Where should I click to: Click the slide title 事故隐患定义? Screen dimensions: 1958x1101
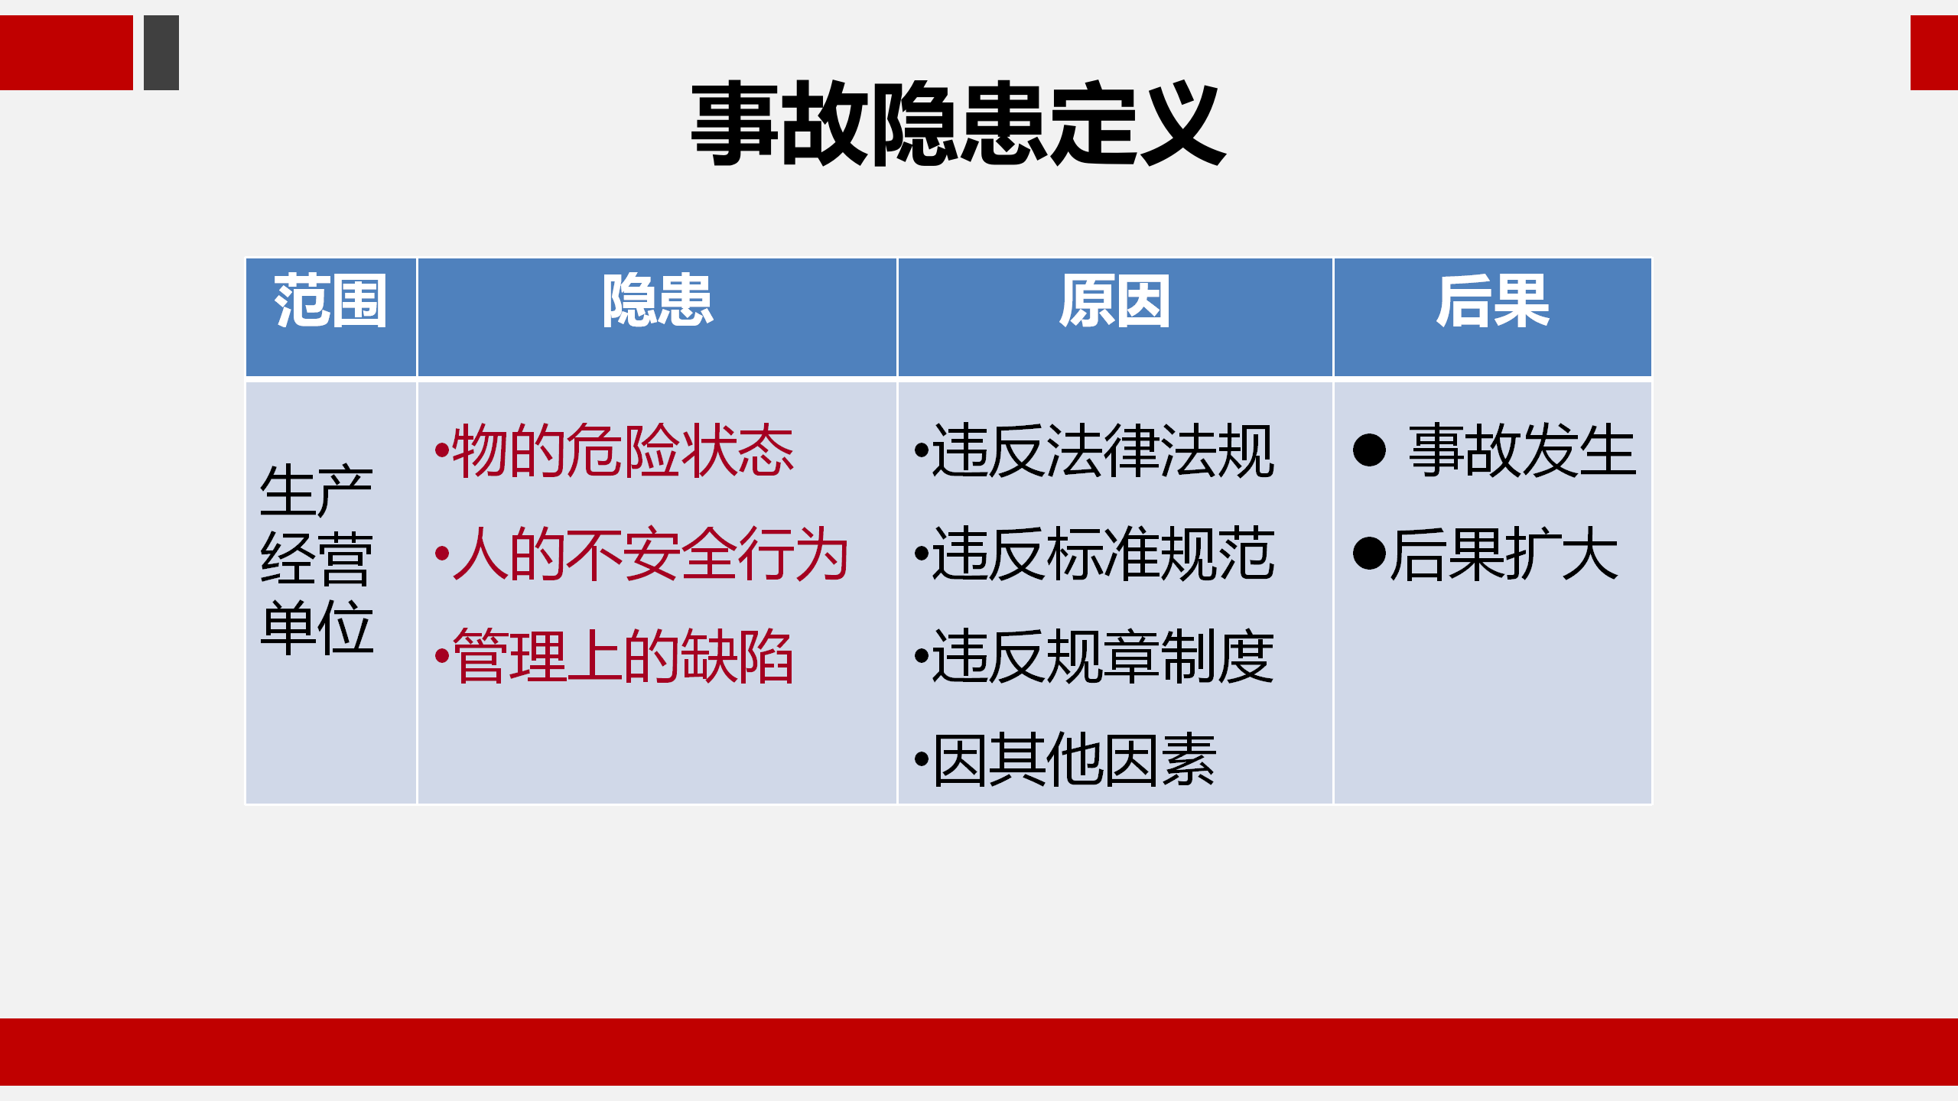[x=958, y=124]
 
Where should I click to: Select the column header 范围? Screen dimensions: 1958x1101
[x=330, y=301]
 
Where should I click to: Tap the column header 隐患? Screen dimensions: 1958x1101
[x=657, y=301]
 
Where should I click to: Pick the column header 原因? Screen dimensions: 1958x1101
[x=1114, y=301]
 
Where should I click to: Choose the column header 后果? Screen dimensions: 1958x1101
[x=1492, y=301]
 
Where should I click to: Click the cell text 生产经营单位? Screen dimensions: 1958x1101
[x=317, y=559]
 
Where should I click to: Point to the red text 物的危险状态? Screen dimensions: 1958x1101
[x=623, y=451]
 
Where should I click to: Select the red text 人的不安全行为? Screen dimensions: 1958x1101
[x=651, y=554]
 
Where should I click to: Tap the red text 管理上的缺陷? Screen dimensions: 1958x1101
[x=623, y=657]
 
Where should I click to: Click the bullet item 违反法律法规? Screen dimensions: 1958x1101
[x=1103, y=451]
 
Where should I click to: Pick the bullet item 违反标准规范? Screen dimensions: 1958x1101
[x=1103, y=554]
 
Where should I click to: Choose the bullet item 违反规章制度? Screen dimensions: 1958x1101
[x=1103, y=657]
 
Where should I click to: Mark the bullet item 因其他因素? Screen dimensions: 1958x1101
[x=1075, y=760]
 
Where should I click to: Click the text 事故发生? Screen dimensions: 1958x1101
[x=1522, y=451]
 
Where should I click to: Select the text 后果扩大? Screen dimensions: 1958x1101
[x=1504, y=554]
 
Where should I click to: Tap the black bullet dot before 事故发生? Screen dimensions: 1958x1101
[x=1369, y=450]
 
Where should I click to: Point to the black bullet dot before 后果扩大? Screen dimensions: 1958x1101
[x=1369, y=554]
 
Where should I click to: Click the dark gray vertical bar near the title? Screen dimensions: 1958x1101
[x=161, y=53]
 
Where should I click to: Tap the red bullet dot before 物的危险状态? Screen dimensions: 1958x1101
[x=441, y=450]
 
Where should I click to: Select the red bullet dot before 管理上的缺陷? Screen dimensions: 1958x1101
[x=441, y=655]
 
